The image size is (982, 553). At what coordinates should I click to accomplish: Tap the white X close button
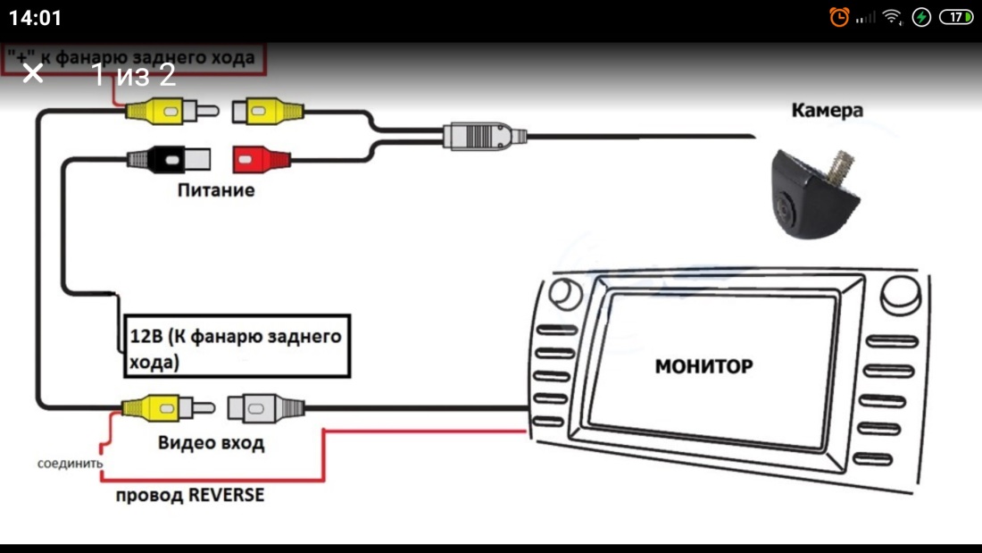tap(33, 73)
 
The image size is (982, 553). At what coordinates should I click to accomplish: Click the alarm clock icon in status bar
tap(838, 17)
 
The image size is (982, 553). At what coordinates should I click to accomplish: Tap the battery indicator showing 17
tap(956, 17)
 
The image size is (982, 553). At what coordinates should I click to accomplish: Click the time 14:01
tap(36, 18)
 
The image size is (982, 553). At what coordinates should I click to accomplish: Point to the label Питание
tap(215, 190)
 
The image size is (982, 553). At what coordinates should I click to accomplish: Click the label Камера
tap(827, 111)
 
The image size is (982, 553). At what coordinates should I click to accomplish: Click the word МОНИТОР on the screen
tap(703, 366)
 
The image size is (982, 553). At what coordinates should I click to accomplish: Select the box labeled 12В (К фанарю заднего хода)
tap(234, 347)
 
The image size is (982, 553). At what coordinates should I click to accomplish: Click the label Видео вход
tap(211, 442)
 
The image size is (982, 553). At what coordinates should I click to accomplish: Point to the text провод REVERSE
tap(189, 495)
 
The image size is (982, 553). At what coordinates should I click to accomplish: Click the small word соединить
tap(70, 464)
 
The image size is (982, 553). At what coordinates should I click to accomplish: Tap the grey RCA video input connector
tap(266, 408)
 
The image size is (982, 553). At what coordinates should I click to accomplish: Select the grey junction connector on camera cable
tap(485, 137)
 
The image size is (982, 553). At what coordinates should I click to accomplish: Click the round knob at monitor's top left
tap(562, 294)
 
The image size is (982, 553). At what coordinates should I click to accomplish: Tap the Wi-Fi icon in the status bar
tap(891, 17)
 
